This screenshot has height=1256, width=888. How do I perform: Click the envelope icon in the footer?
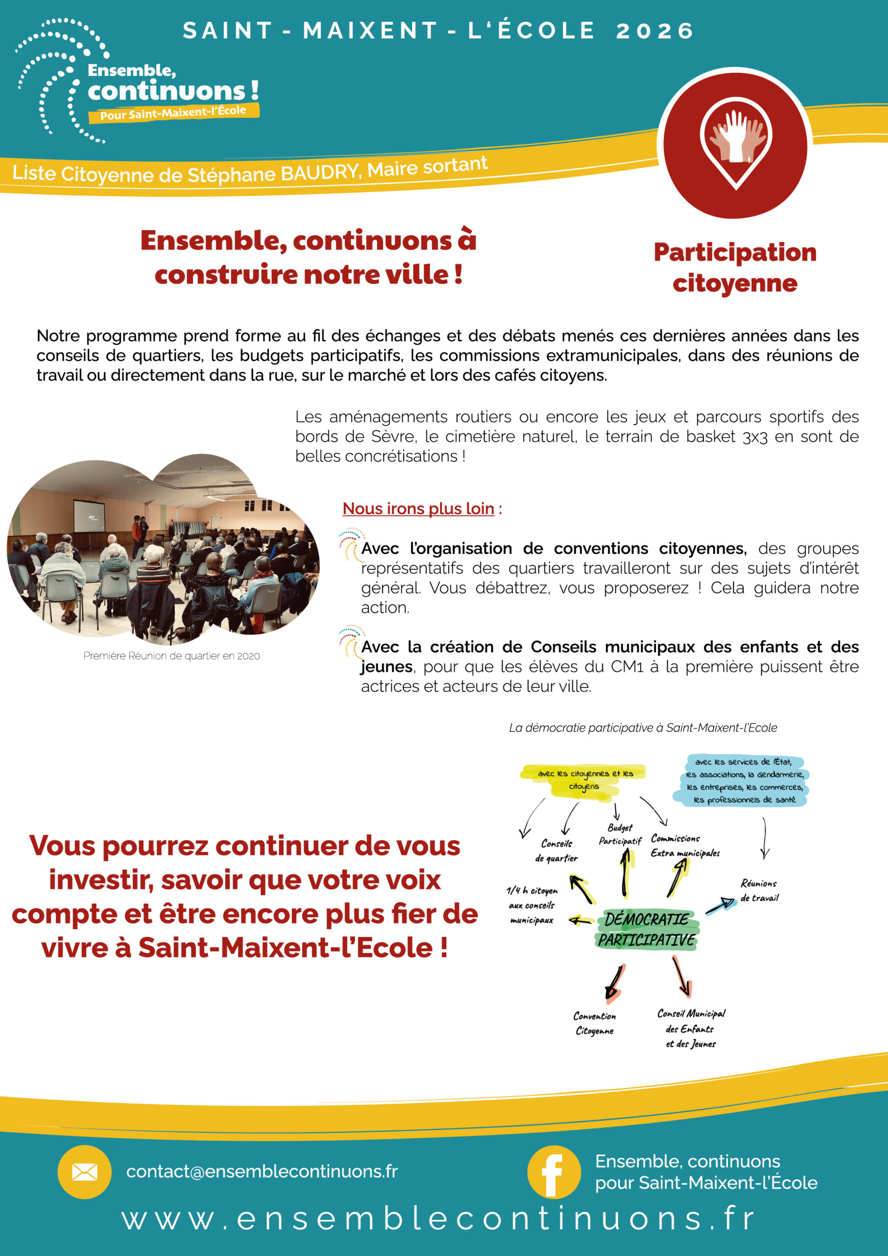84,1172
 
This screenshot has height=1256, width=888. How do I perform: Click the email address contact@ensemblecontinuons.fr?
261,1171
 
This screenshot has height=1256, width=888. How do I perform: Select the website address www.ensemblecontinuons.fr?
438,1218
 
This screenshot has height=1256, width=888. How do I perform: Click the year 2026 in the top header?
654,30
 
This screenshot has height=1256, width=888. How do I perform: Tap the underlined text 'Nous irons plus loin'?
418,508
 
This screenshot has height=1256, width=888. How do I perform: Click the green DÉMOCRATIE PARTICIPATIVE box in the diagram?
646,929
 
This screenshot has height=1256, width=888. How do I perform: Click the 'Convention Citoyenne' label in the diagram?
595,1023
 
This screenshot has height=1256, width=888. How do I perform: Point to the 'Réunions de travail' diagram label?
759,890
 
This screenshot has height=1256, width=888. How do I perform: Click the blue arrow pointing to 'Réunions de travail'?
720,905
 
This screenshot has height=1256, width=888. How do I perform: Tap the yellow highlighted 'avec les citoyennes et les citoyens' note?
584,779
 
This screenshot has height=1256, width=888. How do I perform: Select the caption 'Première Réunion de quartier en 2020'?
171,655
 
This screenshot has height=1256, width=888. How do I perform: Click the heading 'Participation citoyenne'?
735,267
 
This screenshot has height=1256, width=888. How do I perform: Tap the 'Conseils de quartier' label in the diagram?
556,851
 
